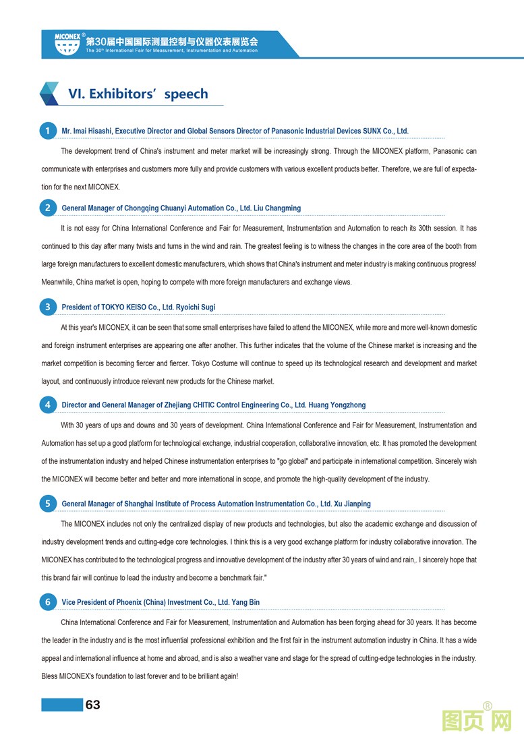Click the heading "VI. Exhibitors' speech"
pyautogui.click(x=138, y=94)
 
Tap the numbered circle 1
pyautogui.click(x=47, y=131)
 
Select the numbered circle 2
pyautogui.click(x=47, y=208)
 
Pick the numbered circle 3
pyautogui.click(x=47, y=307)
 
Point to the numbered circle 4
pyautogui.click(x=47, y=405)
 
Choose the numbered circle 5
pyautogui.click(x=47, y=503)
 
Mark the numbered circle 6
pyautogui.click(x=47, y=601)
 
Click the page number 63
pyautogui.click(x=92, y=705)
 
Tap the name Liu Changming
pyautogui.click(x=277, y=208)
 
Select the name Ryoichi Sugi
pyautogui.click(x=196, y=307)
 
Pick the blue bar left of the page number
pyautogui.click(x=61, y=705)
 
